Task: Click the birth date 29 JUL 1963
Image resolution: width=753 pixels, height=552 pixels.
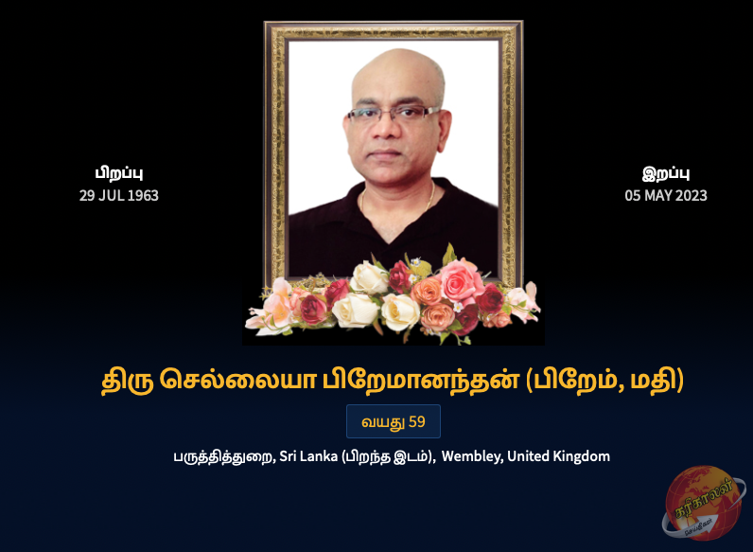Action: [118, 196]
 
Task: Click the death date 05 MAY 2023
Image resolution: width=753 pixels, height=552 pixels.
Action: [666, 196]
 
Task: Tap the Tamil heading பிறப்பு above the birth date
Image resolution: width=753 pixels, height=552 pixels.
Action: [118, 173]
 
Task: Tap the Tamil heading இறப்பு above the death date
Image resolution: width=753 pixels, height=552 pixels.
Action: [666, 173]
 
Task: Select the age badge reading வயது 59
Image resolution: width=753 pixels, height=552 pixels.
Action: [393, 421]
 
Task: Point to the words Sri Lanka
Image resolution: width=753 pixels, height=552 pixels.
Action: [308, 456]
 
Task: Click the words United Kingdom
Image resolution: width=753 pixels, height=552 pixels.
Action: [558, 456]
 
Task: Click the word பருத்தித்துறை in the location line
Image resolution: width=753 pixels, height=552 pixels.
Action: [223, 456]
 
